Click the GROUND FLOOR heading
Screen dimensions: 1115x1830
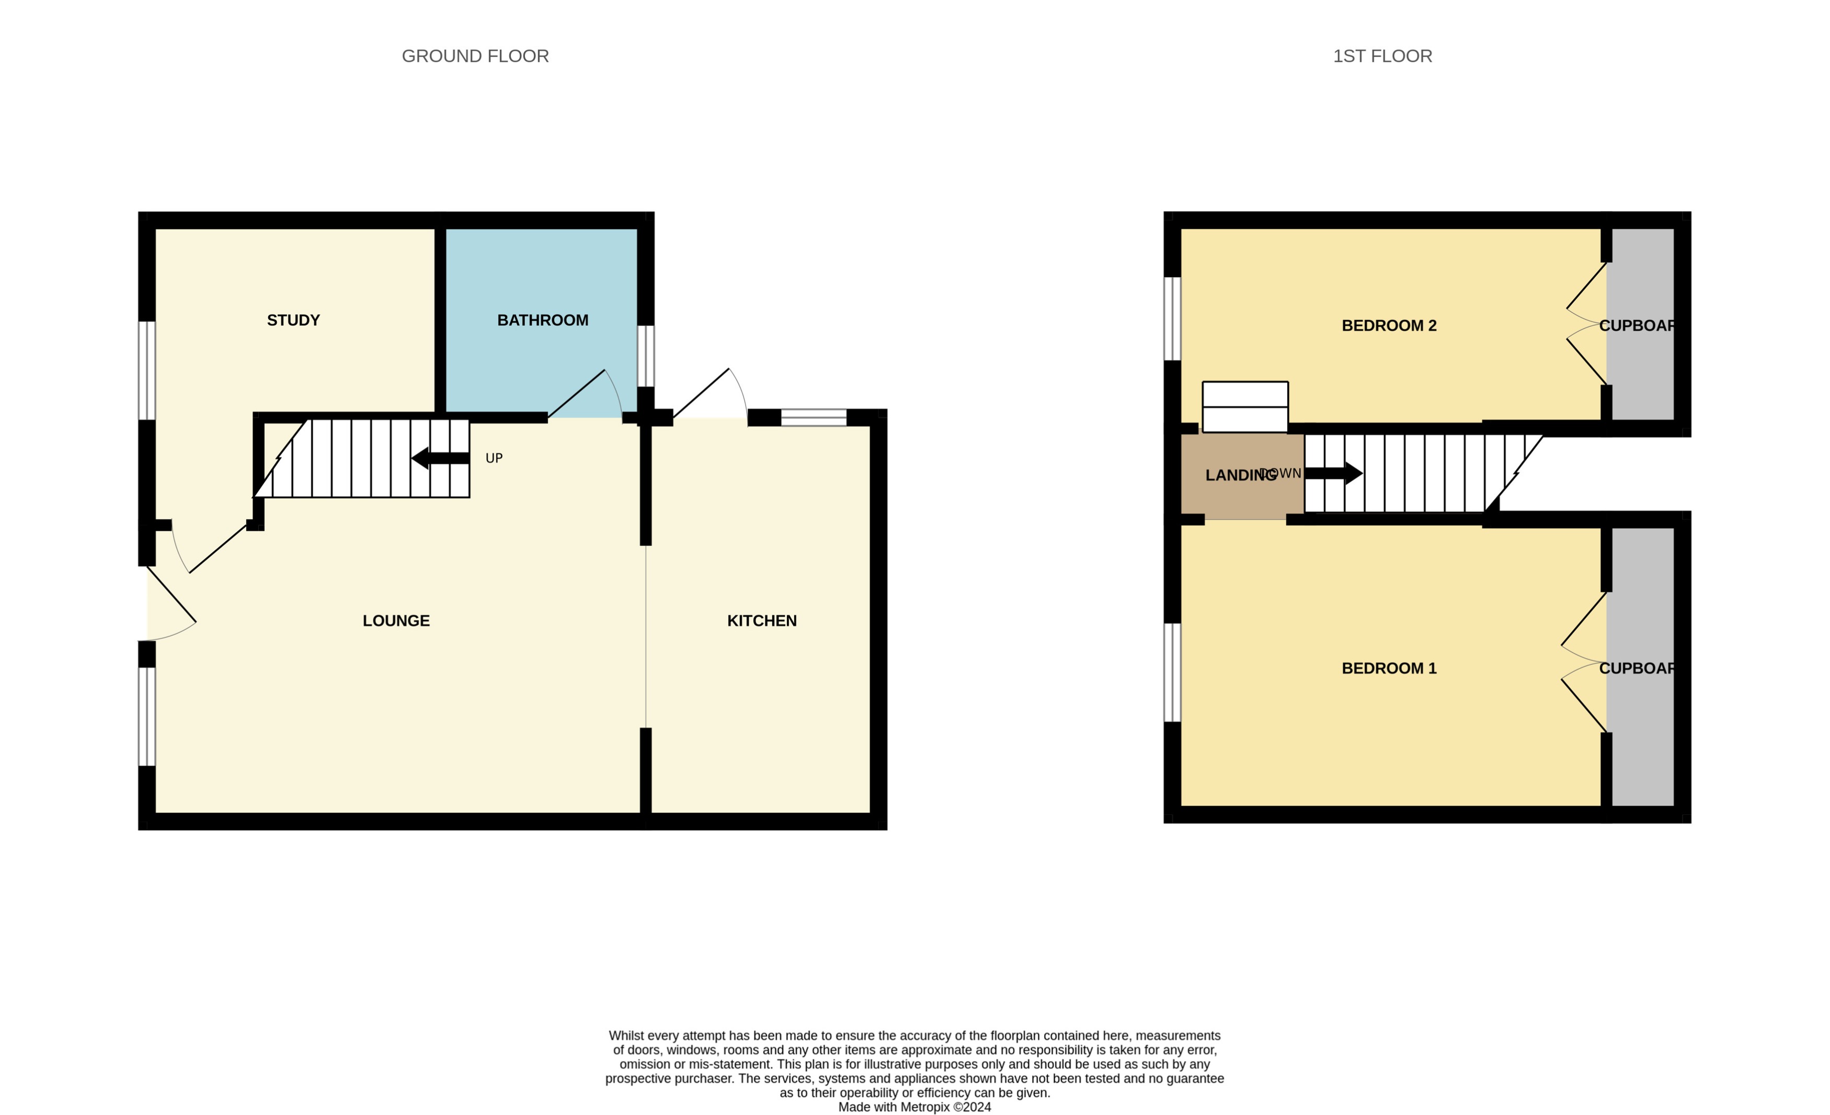point(475,56)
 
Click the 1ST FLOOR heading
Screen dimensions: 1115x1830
point(1381,56)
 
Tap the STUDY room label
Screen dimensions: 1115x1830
point(293,320)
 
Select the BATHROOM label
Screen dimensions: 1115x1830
point(542,320)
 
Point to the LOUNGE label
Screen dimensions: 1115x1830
point(396,620)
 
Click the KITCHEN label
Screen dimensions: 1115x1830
point(761,620)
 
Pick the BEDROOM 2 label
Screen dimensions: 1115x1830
point(1388,325)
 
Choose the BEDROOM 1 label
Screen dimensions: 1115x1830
point(1388,668)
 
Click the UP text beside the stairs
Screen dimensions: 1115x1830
point(494,458)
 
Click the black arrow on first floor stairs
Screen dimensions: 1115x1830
point(1333,473)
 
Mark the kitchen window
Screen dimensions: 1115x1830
point(813,417)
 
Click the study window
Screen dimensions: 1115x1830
point(147,370)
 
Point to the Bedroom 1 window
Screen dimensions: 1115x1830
point(1171,672)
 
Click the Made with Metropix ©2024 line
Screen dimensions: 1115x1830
point(914,1107)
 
